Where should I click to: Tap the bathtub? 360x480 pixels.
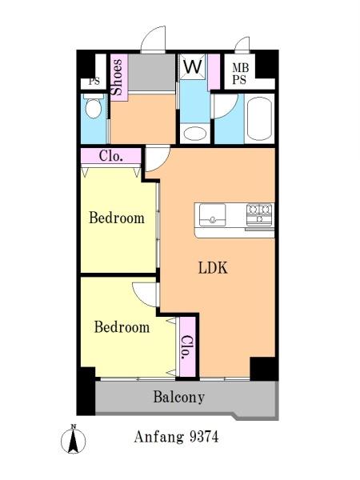tap(259, 118)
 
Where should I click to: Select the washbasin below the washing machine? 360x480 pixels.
tap(195, 134)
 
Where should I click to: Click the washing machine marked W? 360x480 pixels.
tap(193, 66)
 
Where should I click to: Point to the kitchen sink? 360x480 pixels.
tap(213, 215)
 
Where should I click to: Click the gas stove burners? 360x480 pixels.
tap(259, 214)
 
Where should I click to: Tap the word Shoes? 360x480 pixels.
tap(118, 77)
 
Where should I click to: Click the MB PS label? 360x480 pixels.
tap(239, 74)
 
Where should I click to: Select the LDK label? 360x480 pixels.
tap(213, 268)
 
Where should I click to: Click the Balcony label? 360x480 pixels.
tap(179, 397)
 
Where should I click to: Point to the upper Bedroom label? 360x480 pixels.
tap(117, 218)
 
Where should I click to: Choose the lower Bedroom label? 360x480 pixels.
tap(122, 327)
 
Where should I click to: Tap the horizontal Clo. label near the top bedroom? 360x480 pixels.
tap(111, 156)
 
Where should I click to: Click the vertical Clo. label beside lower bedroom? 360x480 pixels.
tap(186, 347)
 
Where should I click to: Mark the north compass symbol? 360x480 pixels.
tap(73, 439)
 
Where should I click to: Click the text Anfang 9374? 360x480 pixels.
tap(176, 437)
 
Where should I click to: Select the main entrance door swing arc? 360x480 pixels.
tap(153, 39)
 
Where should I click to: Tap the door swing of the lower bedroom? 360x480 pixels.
tap(145, 294)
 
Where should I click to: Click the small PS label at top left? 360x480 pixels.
tap(94, 82)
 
